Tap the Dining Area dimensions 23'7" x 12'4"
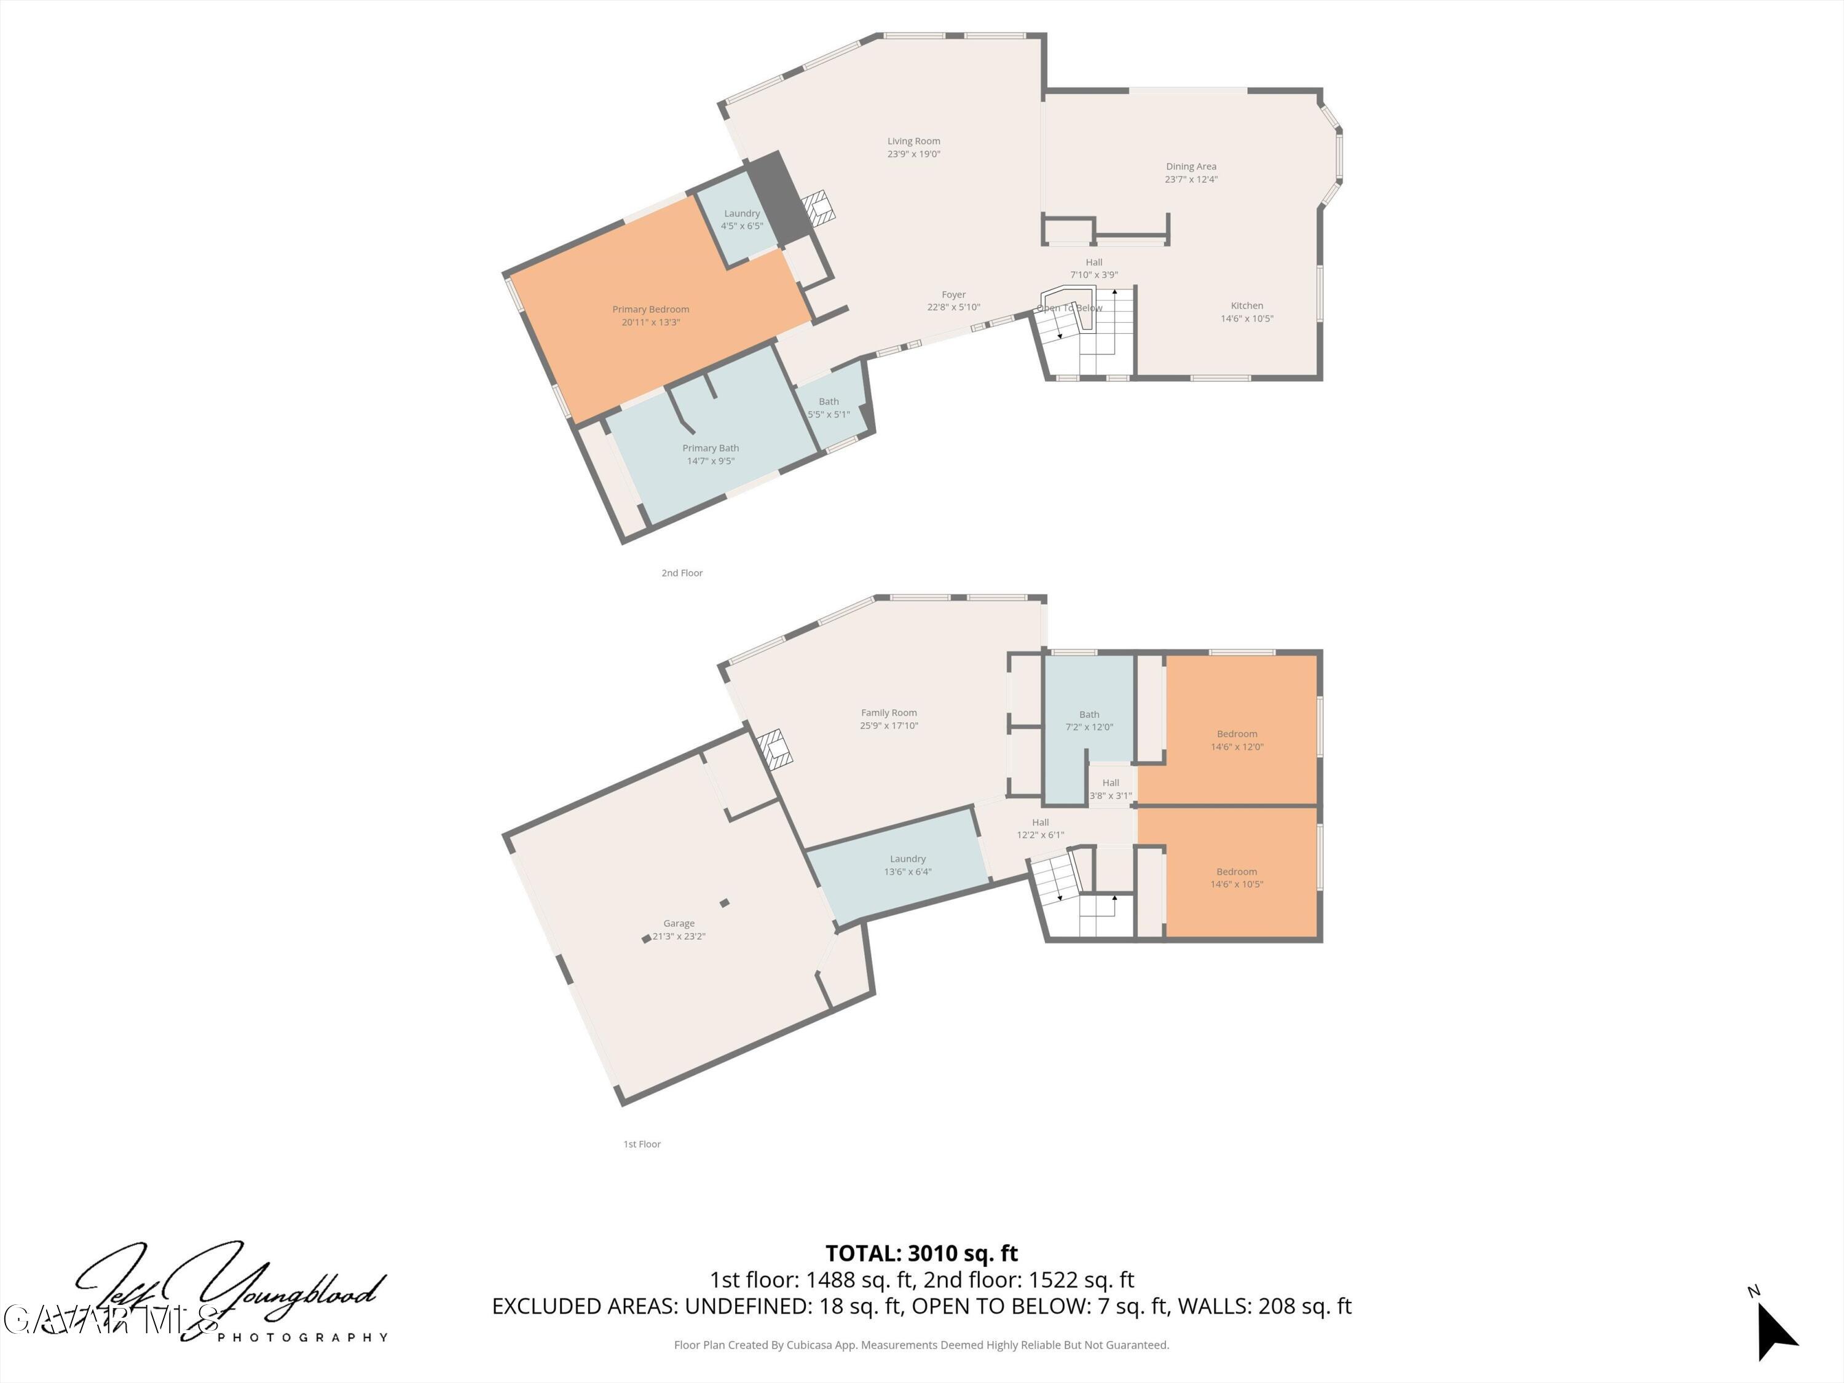click(1191, 179)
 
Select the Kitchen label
click(1247, 306)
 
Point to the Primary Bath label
click(711, 449)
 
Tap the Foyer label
click(954, 295)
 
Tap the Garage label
click(679, 924)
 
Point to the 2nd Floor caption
click(682, 573)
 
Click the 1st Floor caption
click(642, 1145)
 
